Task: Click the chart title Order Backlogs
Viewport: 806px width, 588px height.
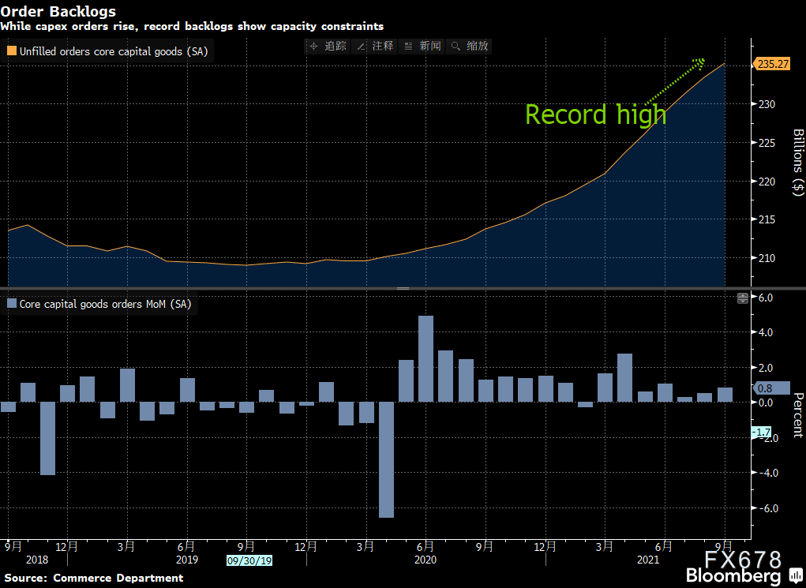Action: point(58,11)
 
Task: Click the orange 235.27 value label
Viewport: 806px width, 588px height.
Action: point(771,64)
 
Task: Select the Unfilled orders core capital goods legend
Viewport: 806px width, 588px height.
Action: point(108,51)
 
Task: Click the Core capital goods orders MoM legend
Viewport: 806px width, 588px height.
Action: point(99,304)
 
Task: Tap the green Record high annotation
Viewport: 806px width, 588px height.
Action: point(595,114)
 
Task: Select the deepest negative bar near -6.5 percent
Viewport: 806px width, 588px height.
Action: point(386,459)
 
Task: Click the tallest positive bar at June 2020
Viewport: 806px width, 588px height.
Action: point(425,359)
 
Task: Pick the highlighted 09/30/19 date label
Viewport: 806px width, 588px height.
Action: point(249,560)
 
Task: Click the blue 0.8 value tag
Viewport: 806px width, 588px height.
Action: point(771,388)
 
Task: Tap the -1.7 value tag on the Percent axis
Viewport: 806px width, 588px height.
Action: point(761,433)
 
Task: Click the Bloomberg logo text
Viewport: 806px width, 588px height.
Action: point(733,575)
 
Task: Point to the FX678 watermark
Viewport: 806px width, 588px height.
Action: point(742,559)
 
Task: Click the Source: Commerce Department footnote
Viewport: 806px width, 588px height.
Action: point(94,578)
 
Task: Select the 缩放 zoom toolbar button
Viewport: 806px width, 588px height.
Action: point(469,47)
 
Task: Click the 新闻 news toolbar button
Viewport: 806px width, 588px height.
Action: point(422,47)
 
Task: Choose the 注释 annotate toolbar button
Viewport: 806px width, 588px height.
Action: point(375,47)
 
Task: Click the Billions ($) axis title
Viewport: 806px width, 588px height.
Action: point(797,163)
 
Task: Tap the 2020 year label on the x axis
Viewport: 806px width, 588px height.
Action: point(425,560)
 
